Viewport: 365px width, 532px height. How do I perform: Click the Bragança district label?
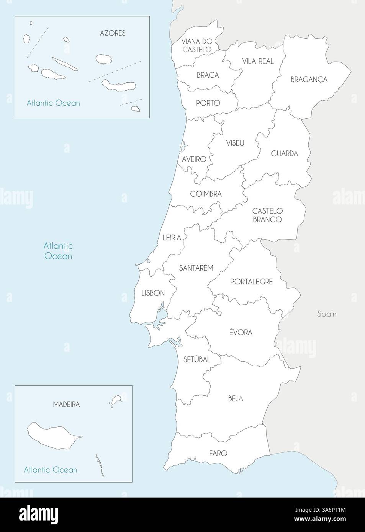(309, 80)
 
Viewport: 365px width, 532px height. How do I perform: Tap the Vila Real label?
(258, 61)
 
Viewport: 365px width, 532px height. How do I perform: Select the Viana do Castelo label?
(196, 45)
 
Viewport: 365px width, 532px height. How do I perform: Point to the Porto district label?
(208, 103)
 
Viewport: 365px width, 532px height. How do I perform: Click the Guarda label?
(284, 153)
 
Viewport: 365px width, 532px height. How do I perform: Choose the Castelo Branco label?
(267, 215)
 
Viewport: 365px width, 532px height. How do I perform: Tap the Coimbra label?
(206, 194)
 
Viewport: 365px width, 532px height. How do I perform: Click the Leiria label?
(172, 238)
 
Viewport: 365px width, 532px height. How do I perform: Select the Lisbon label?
(153, 293)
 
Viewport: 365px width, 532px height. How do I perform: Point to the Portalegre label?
(251, 282)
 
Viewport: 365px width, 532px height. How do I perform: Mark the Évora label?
(241, 332)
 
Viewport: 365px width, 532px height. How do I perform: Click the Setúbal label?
(197, 359)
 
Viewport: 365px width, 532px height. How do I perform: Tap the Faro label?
(218, 453)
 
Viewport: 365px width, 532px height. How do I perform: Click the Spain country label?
(327, 314)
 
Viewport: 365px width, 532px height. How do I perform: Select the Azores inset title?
(113, 33)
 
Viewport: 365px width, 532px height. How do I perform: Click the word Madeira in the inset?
(67, 404)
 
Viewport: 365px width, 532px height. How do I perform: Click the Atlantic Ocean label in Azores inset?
(53, 103)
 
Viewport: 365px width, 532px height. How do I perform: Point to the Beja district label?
(235, 398)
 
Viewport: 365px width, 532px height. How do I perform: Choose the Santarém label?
(196, 268)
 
